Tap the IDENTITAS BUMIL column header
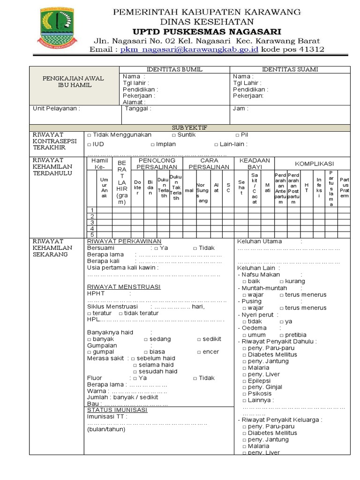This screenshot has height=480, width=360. click(x=174, y=69)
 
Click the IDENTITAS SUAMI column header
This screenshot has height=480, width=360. click(x=290, y=69)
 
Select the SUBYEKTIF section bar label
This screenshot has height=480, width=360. click(x=189, y=127)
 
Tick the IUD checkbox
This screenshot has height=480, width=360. click(x=89, y=144)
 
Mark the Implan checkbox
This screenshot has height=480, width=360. click(x=153, y=144)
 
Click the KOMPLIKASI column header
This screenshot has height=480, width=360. click(x=314, y=164)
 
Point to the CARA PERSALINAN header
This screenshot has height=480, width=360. click(x=208, y=164)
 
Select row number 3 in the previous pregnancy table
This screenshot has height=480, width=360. click(x=92, y=222)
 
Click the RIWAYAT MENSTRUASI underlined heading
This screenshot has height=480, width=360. click(x=124, y=286)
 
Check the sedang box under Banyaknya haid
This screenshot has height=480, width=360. click(x=146, y=339)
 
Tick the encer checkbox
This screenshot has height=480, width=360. click(x=199, y=352)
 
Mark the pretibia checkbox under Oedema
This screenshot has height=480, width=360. click(x=281, y=335)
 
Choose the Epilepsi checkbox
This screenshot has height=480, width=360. click(x=244, y=381)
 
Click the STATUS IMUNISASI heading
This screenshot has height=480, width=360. click(x=117, y=410)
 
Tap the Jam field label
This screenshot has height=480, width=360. click(x=240, y=108)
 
